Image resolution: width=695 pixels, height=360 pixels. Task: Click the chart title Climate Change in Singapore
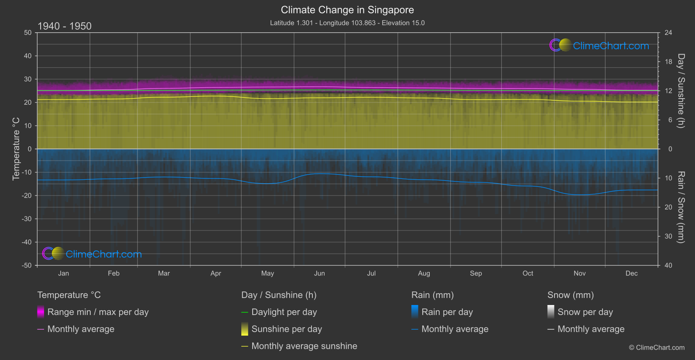[347, 10]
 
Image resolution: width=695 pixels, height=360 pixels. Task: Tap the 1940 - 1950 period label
[65, 26]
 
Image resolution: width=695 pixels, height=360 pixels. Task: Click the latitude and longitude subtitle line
[347, 23]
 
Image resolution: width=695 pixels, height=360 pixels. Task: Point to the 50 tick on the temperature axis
[28, 33]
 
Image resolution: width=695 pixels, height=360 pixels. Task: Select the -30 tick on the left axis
[27, 219]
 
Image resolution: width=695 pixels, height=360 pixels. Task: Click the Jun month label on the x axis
[319, 274]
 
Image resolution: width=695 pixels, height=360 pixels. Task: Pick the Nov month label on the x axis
[579, 274]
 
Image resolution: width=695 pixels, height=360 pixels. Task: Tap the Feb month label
[113, 274]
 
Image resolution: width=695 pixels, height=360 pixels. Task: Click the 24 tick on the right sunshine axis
[668, 33]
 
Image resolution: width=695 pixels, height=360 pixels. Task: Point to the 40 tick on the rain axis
[668, 265]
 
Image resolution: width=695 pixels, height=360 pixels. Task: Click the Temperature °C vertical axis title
[16, 149]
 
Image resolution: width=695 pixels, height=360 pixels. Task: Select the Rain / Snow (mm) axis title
[681, 207]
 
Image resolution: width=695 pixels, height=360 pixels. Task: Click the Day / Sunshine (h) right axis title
[681, 91]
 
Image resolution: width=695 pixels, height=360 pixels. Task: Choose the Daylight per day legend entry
[284, 312]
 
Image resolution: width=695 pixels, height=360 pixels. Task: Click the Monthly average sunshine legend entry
[304, 346]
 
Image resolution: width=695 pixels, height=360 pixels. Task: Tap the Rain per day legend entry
[447, 312]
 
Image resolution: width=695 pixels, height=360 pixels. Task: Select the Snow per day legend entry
[585, 312]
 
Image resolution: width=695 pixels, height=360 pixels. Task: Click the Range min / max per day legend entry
[98, 312]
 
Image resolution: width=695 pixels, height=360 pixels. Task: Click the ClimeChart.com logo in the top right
[599, 45]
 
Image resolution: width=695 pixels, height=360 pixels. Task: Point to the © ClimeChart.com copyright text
[657, 348]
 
